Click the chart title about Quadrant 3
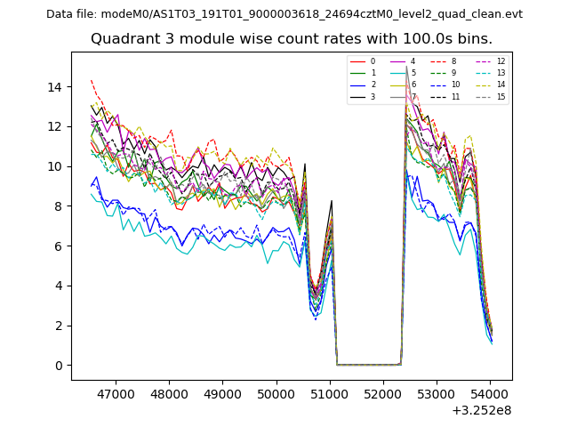point(292,39)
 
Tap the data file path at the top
point(284,14)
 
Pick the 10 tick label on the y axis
point(54,166)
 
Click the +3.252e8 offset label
point(481,410)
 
